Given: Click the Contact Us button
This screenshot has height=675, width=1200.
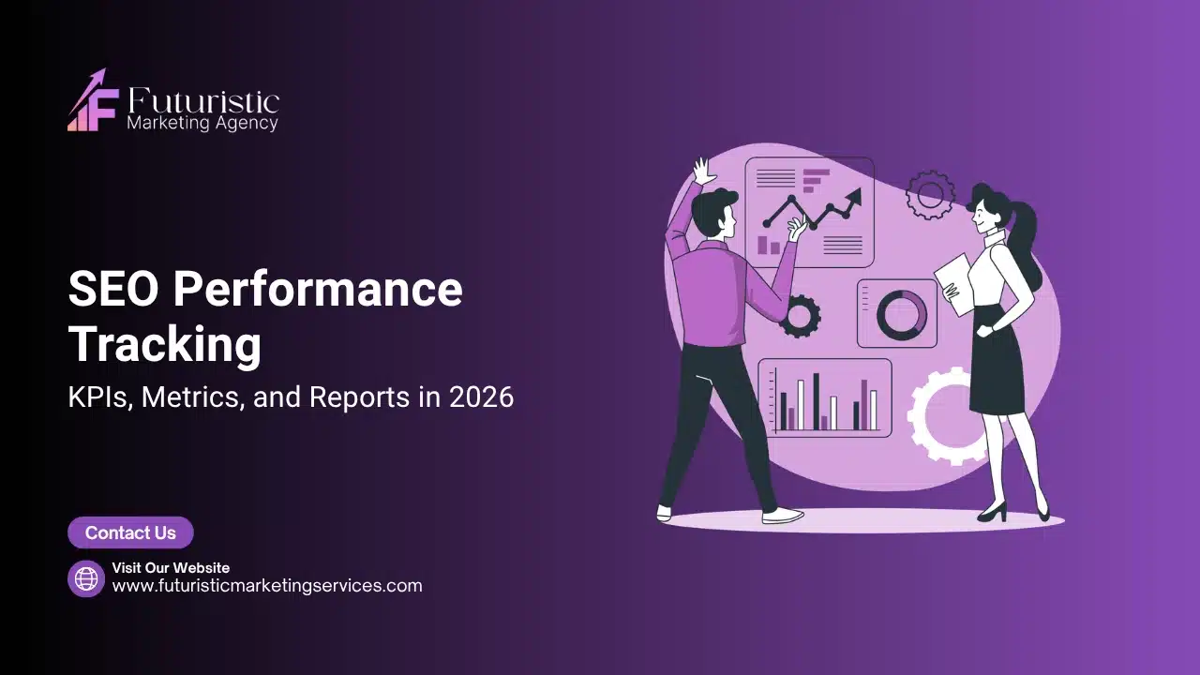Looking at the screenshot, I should point(130,532).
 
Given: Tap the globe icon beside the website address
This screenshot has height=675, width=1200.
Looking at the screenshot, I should point(86,578).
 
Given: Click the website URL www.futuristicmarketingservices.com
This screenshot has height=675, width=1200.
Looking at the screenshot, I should point(267,586).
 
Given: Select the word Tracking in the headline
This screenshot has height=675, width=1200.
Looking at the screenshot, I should point(165,344).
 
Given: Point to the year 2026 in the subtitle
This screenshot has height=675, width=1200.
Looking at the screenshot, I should point(481,397).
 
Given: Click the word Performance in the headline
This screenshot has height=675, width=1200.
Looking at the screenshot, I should point(317,290).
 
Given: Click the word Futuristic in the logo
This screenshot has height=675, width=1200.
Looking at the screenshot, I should point(202,100).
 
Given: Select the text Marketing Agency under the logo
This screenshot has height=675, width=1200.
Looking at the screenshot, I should point(202,123).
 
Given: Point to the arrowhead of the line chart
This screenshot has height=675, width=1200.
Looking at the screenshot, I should point(853,197).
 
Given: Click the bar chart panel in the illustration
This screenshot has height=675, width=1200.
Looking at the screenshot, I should point(825,398).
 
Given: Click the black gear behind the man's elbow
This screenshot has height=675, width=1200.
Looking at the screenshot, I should point(802,316).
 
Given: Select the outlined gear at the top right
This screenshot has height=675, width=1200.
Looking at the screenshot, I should point(930,195).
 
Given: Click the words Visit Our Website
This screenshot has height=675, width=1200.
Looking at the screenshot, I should point(171,567).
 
